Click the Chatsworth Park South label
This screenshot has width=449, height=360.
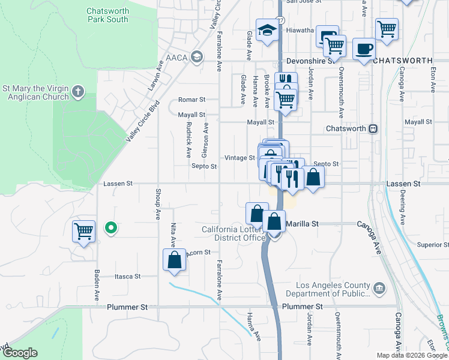pos(107,15)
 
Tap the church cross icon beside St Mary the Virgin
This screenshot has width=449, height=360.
pos(77,92)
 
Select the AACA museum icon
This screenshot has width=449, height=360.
pos(196,57)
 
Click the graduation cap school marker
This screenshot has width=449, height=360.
pos(266,30)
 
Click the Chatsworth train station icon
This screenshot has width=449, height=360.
pos(373,129)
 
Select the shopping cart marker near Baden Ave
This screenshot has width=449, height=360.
pos(83,230)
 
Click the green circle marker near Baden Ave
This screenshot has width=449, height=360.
pos(110,228)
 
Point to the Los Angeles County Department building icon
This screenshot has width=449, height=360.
pos(379,289)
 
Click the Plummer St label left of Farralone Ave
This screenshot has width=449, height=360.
pos(127,307)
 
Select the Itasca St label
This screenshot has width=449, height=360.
pos(127,277)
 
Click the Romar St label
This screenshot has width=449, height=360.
pos(191,100)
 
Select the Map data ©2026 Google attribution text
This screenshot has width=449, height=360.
pos(412,355)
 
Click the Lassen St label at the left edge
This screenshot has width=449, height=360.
pos(117,184)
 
